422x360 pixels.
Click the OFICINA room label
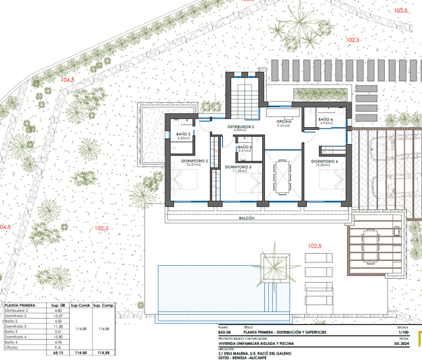point(283,121)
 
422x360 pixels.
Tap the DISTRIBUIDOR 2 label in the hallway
point(240,127)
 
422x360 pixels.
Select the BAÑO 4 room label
point(326,119)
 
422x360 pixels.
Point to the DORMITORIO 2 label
point(194,161)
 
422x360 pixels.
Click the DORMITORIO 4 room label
point(324,161)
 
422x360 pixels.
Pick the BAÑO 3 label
point(245,147)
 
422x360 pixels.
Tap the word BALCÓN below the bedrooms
point(247,219)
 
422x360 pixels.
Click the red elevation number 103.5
point(401,11)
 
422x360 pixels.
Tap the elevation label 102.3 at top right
point(353,40)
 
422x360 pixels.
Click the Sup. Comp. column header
point(103,306)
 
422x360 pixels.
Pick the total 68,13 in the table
point(58,353)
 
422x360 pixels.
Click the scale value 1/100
point(402,332)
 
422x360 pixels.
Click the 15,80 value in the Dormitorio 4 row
point(58,336)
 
